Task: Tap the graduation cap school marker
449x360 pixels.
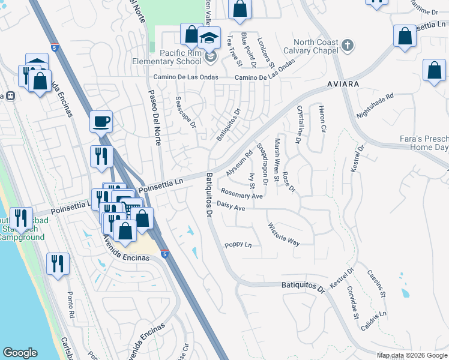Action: pos(208,39)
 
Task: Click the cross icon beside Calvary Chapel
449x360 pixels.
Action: pos(347,46)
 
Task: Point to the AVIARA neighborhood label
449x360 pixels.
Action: pos(343,84)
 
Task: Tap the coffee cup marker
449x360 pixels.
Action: pos(101,122)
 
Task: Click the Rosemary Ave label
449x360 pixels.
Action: pos(242,193)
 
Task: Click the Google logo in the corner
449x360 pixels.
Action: pos(20,353)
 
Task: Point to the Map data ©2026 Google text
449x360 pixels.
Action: pos(412,355)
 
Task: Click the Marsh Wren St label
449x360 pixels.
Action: pos(277,160)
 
